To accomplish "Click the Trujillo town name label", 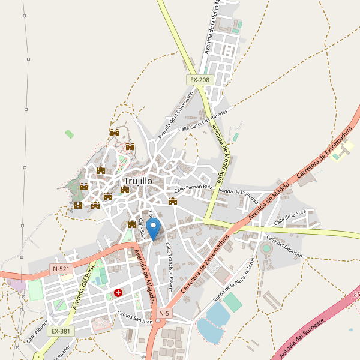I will pyautogui.click(x=138, y=181).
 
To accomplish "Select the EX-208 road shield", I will pyautogui.click(x=200, y=80).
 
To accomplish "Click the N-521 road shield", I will pyautogui.click(x=61, y=269).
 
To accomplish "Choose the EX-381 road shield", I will pyautogui.click(x=61, y=331).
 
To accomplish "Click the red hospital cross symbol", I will pyautogui.click(x=118, y=293).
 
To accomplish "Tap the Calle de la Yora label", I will pyautogui.click(x=290, y=218).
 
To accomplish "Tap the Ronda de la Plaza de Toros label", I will pyautogui.click(x=235, y=280).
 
